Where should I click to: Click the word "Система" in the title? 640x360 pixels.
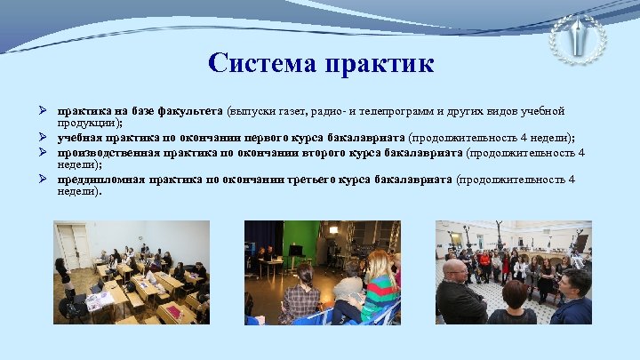pyautogui.click(x=260, y=63)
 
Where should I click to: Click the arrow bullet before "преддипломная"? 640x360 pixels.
pyautogui.click(x=44, y=179)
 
